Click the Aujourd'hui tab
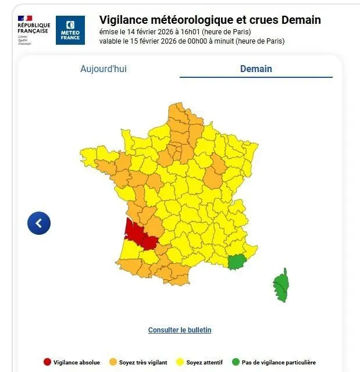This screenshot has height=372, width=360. click(103, 69)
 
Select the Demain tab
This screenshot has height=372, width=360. click(256, 69)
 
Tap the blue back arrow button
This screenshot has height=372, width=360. click(39, 223)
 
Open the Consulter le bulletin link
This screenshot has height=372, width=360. click(180, 330)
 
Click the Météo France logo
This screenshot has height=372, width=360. click(70, 30)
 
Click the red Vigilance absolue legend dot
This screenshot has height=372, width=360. click(47, 362)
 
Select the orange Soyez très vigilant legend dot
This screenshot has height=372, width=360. click(113, 362)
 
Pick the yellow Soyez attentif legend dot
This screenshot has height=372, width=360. click(180, 362)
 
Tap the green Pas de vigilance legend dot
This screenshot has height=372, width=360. click(236, 362)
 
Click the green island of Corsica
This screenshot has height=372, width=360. click(281, 285)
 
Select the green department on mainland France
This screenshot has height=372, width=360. click(236, 262)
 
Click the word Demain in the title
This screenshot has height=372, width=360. click(301, 20)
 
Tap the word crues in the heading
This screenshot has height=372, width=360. click(262, 20)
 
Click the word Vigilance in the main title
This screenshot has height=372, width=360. click(123, 20)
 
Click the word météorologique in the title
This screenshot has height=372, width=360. click(190, 20)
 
